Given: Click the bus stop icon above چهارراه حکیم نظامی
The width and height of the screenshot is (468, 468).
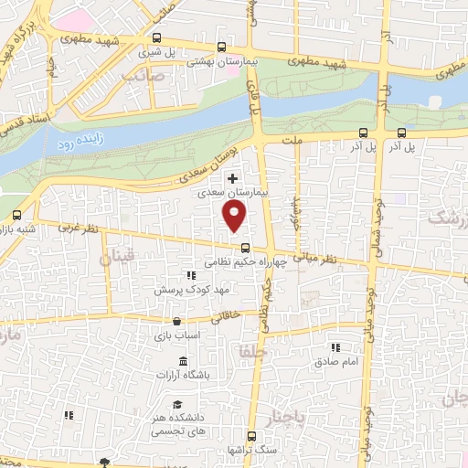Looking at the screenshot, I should click(244, 248).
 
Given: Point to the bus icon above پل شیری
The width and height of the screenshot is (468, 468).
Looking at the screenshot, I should click(157, 38).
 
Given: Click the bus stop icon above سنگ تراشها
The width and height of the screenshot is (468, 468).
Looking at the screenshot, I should click(251, 436).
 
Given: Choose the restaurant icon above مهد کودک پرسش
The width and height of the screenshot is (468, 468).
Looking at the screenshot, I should click(191, 274).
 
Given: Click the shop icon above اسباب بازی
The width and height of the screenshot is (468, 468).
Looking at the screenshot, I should click(176, 322).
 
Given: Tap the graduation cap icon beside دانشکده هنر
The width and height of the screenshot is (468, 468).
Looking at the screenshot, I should click(177, 406).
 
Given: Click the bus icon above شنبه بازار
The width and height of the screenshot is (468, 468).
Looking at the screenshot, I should click(16, 216).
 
